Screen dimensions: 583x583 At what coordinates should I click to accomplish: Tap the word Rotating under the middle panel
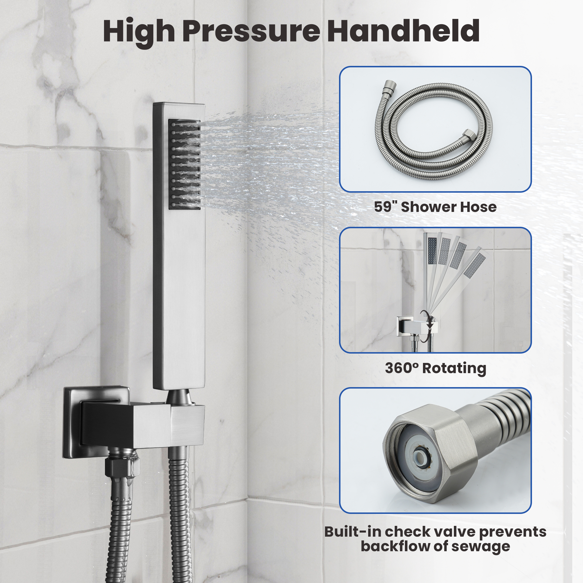pos(454,368)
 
